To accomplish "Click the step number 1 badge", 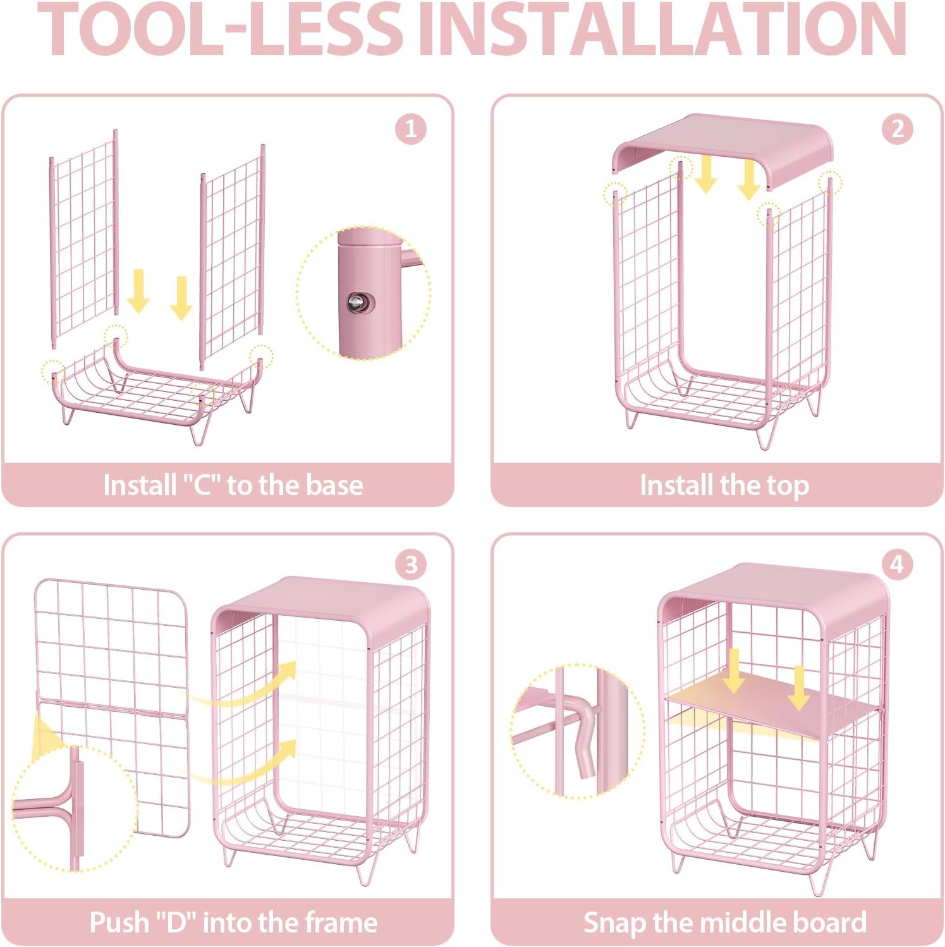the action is (x=410, y=129).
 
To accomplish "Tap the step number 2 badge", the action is (x=897, y=129).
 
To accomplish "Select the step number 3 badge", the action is (x=411, y=564).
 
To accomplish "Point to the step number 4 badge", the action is (x=897, y=564).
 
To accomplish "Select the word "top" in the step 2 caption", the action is (x=788, y=486).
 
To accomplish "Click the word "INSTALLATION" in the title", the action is (x=663, y=29).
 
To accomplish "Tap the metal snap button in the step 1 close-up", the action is (x=359, y=303).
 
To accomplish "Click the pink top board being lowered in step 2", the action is (x=722, y=145).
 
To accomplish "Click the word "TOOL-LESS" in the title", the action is (x=219, y=29).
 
